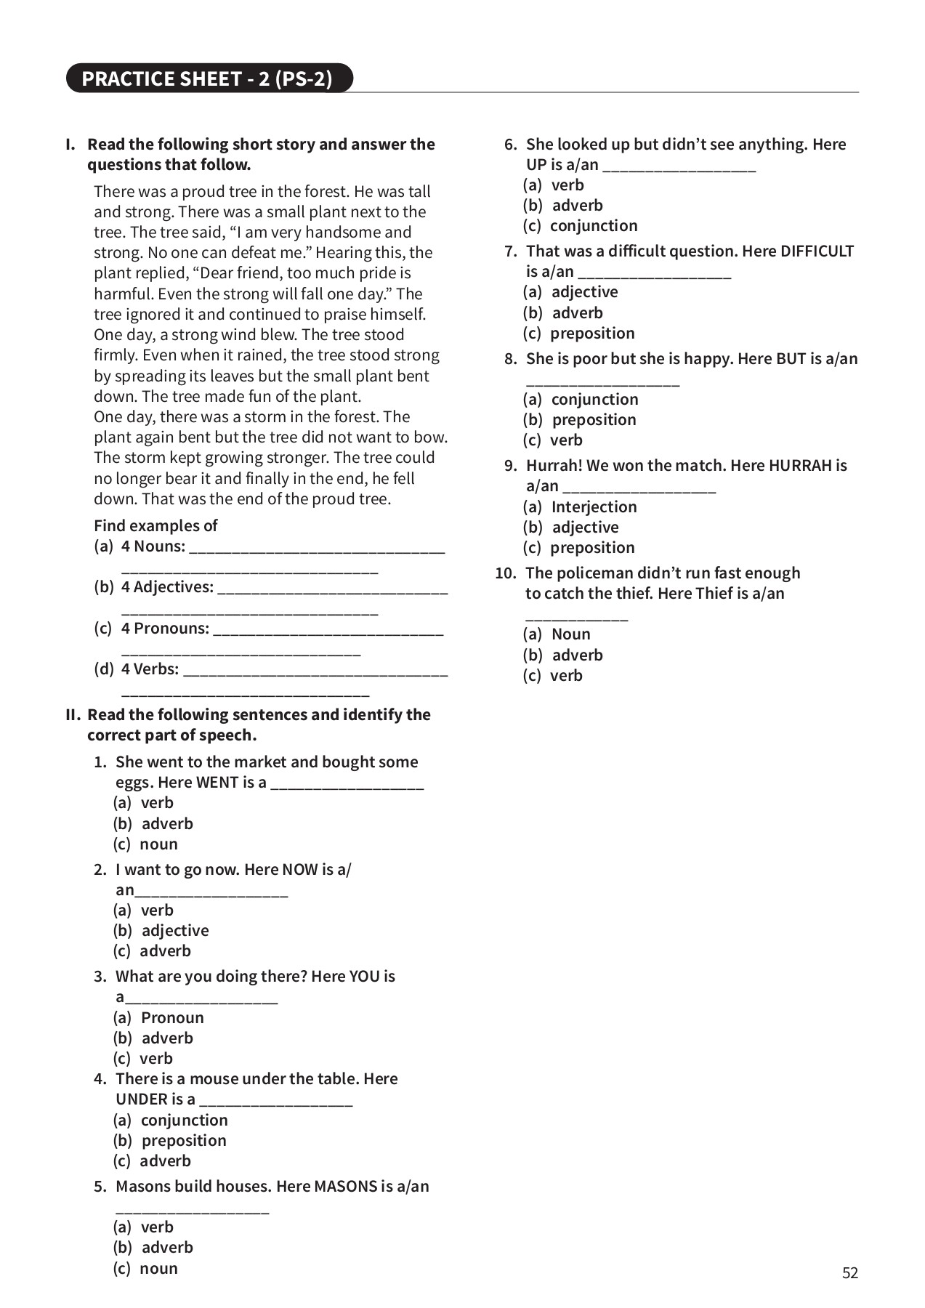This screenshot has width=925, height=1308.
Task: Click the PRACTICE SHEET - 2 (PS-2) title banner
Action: pyautogui.click(x=208, y=78)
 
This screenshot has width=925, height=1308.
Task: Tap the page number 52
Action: pyautogui.click(x=849, y=1272)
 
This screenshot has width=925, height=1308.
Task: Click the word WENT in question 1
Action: pyautogui.click(x=217, y=783)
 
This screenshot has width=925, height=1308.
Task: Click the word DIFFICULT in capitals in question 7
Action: pyautogui.click(x=817, y=251)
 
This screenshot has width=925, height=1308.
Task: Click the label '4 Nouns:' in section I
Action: pyautogui.click(x=153, y=546)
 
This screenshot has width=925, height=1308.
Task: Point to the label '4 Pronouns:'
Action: pyautogui.click(x=164, y=628)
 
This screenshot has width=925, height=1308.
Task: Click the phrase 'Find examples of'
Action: pyautogui.click(x=155, y=525)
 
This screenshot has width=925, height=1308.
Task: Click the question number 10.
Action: pyautogui.click(x=504, y=573)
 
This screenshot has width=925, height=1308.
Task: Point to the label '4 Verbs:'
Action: pyautogui.click(x=150, y=669)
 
